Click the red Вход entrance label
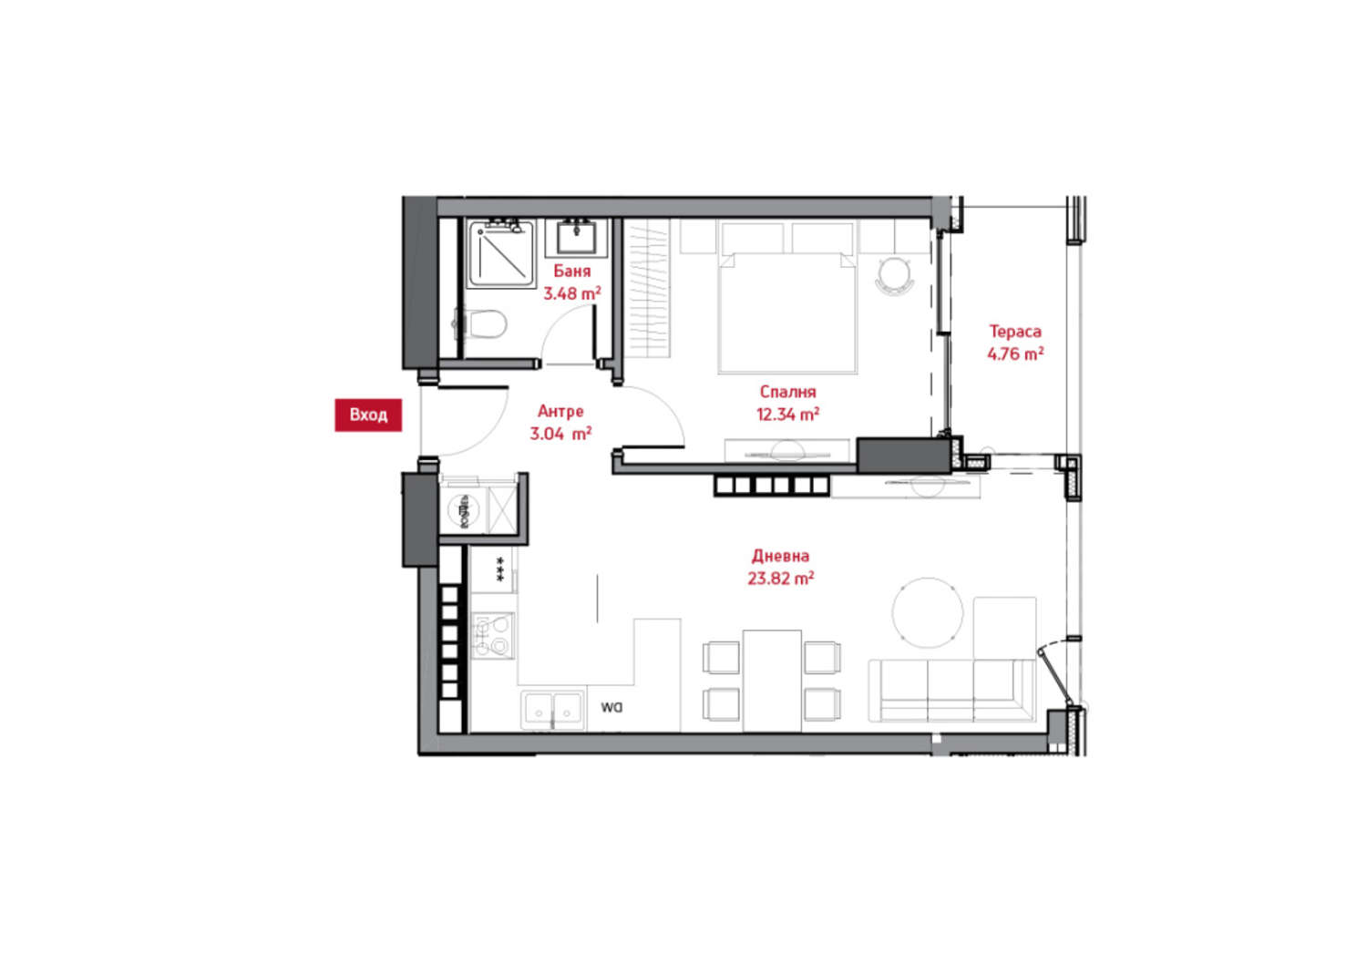(368, 415)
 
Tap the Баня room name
(571, 271)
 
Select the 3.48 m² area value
(571, 293)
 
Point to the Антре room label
(560, 411)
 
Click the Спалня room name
(787, 392)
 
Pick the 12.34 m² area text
(787, 415)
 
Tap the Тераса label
(1015, 332)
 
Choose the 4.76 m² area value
(1015, 354)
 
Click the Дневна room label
(780, 556)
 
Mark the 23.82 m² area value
(780, 578)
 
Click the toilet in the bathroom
(481, 323)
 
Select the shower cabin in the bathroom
(500, 254)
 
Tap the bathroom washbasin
(576, 238)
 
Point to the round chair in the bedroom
(894, 276)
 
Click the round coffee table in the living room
(928, 612)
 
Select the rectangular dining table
(772, 681)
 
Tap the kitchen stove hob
(493, 636)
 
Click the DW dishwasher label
(611, 708)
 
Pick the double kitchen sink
(553, 711)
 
